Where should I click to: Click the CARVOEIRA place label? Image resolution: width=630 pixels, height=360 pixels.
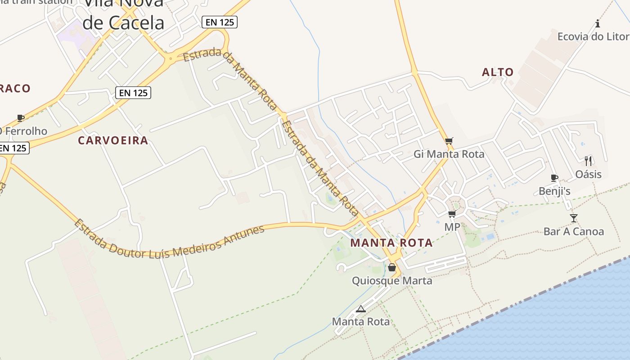tap(113, 140)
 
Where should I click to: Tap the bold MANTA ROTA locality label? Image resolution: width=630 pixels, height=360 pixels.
tap(391, 243)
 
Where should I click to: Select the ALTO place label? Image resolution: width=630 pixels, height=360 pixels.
tap(498, 72)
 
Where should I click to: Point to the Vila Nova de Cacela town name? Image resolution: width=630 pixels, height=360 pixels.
tap(123, 13)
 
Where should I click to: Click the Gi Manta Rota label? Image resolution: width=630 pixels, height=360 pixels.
tap(449, 154)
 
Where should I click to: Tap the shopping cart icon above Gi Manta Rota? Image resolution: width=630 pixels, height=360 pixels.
tap(449, 141)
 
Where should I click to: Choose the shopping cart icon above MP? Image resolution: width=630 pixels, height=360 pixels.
tap(452, 214)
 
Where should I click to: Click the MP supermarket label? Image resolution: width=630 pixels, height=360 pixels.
tap(452, 227)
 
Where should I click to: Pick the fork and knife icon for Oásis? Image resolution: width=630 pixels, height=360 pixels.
tap(588, 161)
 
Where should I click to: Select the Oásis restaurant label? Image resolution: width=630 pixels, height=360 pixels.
tap(588, 174)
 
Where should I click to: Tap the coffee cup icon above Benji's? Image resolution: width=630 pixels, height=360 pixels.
tap(554, 178)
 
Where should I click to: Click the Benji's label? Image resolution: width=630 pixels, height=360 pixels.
tap(554, 191)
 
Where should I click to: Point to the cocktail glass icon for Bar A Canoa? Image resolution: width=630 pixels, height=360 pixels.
tap(573, 218)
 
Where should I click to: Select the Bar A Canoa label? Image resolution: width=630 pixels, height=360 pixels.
tap(573, 232)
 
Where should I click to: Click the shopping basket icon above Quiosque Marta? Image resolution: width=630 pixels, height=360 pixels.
tap(392, 267)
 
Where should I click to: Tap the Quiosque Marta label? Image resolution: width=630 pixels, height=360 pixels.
tap(392, 281)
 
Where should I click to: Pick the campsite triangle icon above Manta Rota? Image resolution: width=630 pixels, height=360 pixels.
tap(360, 309)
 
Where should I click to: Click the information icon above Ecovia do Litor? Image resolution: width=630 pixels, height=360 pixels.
tap(598, 23)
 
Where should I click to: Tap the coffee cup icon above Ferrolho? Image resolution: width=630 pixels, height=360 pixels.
tap(20, 118)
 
